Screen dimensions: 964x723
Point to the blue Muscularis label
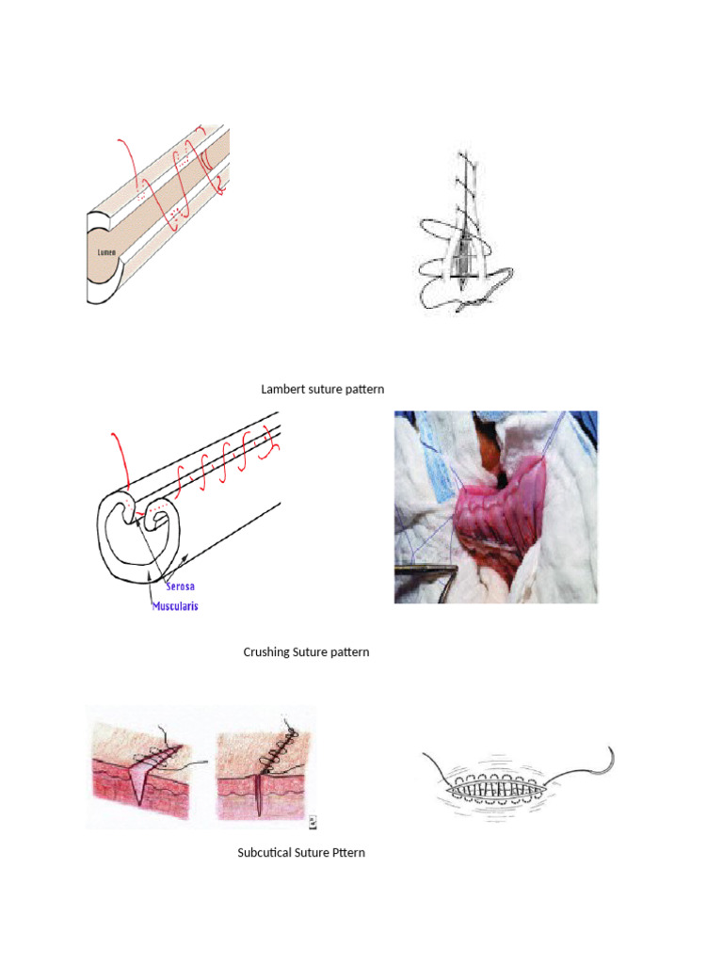[x=175, y=606]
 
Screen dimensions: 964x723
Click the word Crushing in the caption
[x=265, y=651]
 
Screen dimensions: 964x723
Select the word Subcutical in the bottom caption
[x=267, y=853]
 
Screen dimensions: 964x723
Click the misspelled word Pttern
[x=347, y=853]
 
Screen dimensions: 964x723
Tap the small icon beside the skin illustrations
[x=313, y=822]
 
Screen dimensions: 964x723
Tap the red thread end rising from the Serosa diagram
[x=116, y=442]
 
